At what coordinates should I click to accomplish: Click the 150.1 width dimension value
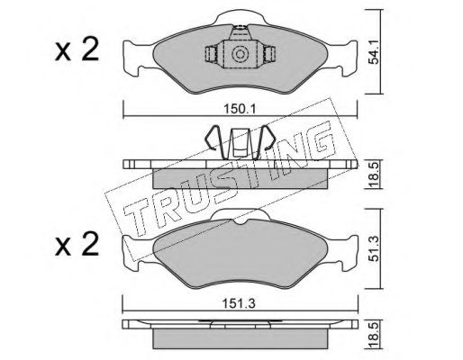pos(240,109)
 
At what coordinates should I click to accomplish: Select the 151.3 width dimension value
pos(239,303)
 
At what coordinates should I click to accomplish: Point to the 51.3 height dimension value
pos(374,248)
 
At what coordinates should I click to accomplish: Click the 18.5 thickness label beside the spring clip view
pos(374,175)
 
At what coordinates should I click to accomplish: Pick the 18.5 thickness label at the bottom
pos(374,334)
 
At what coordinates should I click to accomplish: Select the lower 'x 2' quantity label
pos(77,244)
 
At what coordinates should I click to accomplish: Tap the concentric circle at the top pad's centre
pos(240,54)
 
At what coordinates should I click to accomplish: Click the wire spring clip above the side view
pos(240,142)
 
